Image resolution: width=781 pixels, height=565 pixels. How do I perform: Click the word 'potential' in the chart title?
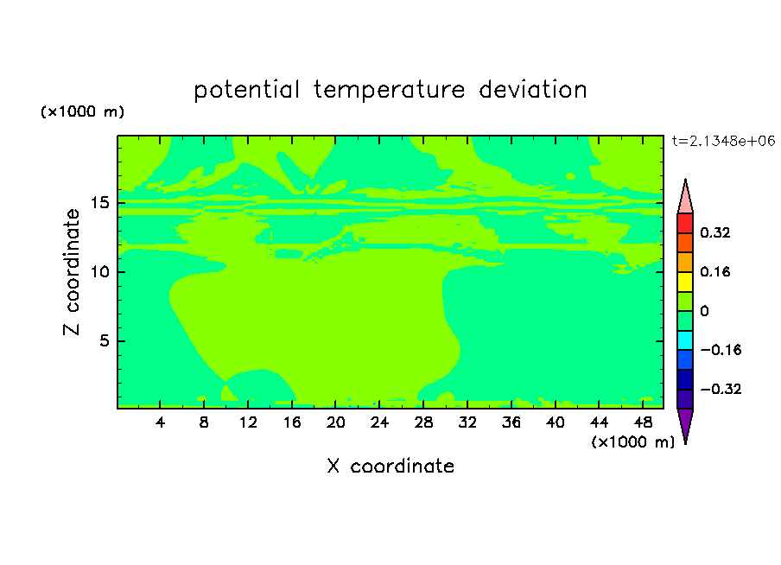[246, 90]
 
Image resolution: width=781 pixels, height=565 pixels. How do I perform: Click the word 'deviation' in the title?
[532, 89]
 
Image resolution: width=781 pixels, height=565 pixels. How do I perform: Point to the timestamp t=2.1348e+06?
[723, 141]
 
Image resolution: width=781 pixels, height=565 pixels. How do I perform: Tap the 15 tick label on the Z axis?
[100, 203]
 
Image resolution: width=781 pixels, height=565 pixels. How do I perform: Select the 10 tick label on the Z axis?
[100, 271]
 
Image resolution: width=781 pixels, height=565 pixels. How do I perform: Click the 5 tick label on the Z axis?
[105, 340]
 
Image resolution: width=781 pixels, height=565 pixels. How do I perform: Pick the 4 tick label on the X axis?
[160, 422]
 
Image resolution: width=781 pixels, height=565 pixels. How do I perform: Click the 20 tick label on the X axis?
[336, 422]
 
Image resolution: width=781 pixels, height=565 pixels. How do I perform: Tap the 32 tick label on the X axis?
[467, 422]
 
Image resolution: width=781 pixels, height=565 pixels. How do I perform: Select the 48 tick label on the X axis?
[643, 422]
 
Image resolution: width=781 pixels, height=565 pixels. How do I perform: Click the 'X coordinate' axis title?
[390, 466]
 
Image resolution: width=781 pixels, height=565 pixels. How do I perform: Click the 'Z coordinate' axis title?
[72, 272]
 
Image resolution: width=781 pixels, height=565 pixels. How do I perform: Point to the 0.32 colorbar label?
[714, 232]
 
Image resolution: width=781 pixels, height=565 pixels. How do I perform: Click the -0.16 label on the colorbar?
[721, 350]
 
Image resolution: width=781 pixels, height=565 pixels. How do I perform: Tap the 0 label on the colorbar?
[704, 311]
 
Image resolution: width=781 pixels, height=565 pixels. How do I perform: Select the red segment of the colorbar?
[685, 223]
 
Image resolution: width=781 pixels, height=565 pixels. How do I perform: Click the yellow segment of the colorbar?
[685, 282]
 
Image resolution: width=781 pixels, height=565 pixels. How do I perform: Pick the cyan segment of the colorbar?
[685, 340]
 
